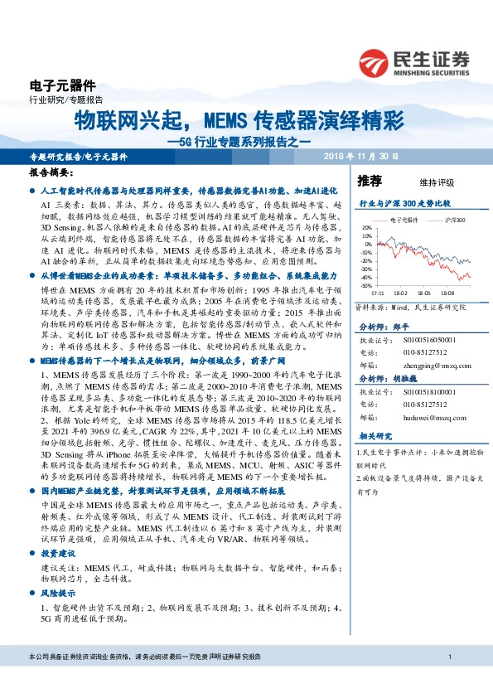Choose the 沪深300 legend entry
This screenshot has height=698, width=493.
tap(452, 220)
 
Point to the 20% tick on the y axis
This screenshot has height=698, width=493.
tap(365, 226)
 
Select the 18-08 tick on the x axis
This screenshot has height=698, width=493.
tap(449, 293)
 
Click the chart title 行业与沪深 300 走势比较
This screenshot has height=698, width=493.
tap(404, 201)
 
